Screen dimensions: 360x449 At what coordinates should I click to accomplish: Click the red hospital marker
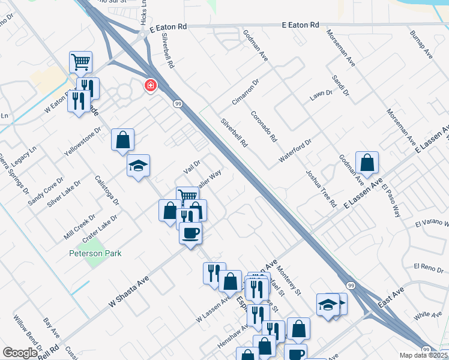(149, 86)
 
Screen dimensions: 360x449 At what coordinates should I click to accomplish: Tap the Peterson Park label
(95, 253)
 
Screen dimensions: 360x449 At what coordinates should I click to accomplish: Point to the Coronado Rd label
(264, 126)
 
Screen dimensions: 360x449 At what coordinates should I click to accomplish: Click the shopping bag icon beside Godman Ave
(367, 163)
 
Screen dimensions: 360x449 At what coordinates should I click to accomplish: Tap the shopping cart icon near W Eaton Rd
(80, 62)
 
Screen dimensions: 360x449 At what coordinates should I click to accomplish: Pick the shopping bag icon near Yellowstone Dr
(122, 140)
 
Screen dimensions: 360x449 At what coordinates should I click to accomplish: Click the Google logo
(20, 353)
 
